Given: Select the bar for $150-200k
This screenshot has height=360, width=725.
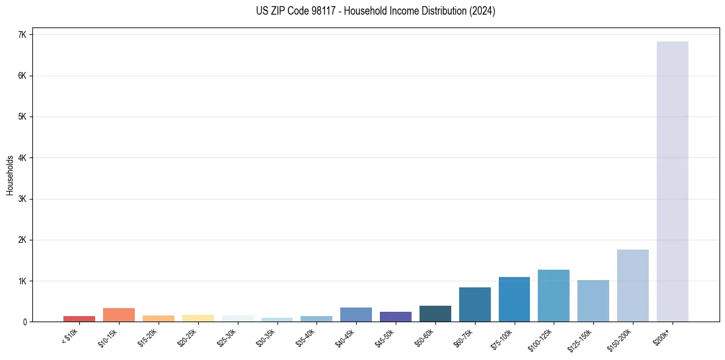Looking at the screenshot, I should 632,286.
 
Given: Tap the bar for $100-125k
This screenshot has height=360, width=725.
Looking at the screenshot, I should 553,296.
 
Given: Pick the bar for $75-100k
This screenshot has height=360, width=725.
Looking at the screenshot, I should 514,300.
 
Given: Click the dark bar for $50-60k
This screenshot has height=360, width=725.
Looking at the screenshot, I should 435,314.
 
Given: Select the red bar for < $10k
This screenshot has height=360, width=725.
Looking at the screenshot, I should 79,319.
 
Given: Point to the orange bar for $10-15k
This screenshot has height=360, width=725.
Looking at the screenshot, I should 119,315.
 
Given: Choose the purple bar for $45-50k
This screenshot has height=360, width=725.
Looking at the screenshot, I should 395,317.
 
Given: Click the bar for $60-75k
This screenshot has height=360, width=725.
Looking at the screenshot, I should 474,304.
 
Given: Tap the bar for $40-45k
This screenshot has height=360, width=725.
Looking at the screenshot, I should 355,314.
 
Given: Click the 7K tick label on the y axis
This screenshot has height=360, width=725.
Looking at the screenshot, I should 22,35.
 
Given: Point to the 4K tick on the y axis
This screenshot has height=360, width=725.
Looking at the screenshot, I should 22,158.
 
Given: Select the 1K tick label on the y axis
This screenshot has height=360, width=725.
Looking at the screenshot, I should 22,281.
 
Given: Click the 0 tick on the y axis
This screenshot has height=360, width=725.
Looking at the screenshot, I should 25,322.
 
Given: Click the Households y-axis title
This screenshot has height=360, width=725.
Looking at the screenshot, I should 10,175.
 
